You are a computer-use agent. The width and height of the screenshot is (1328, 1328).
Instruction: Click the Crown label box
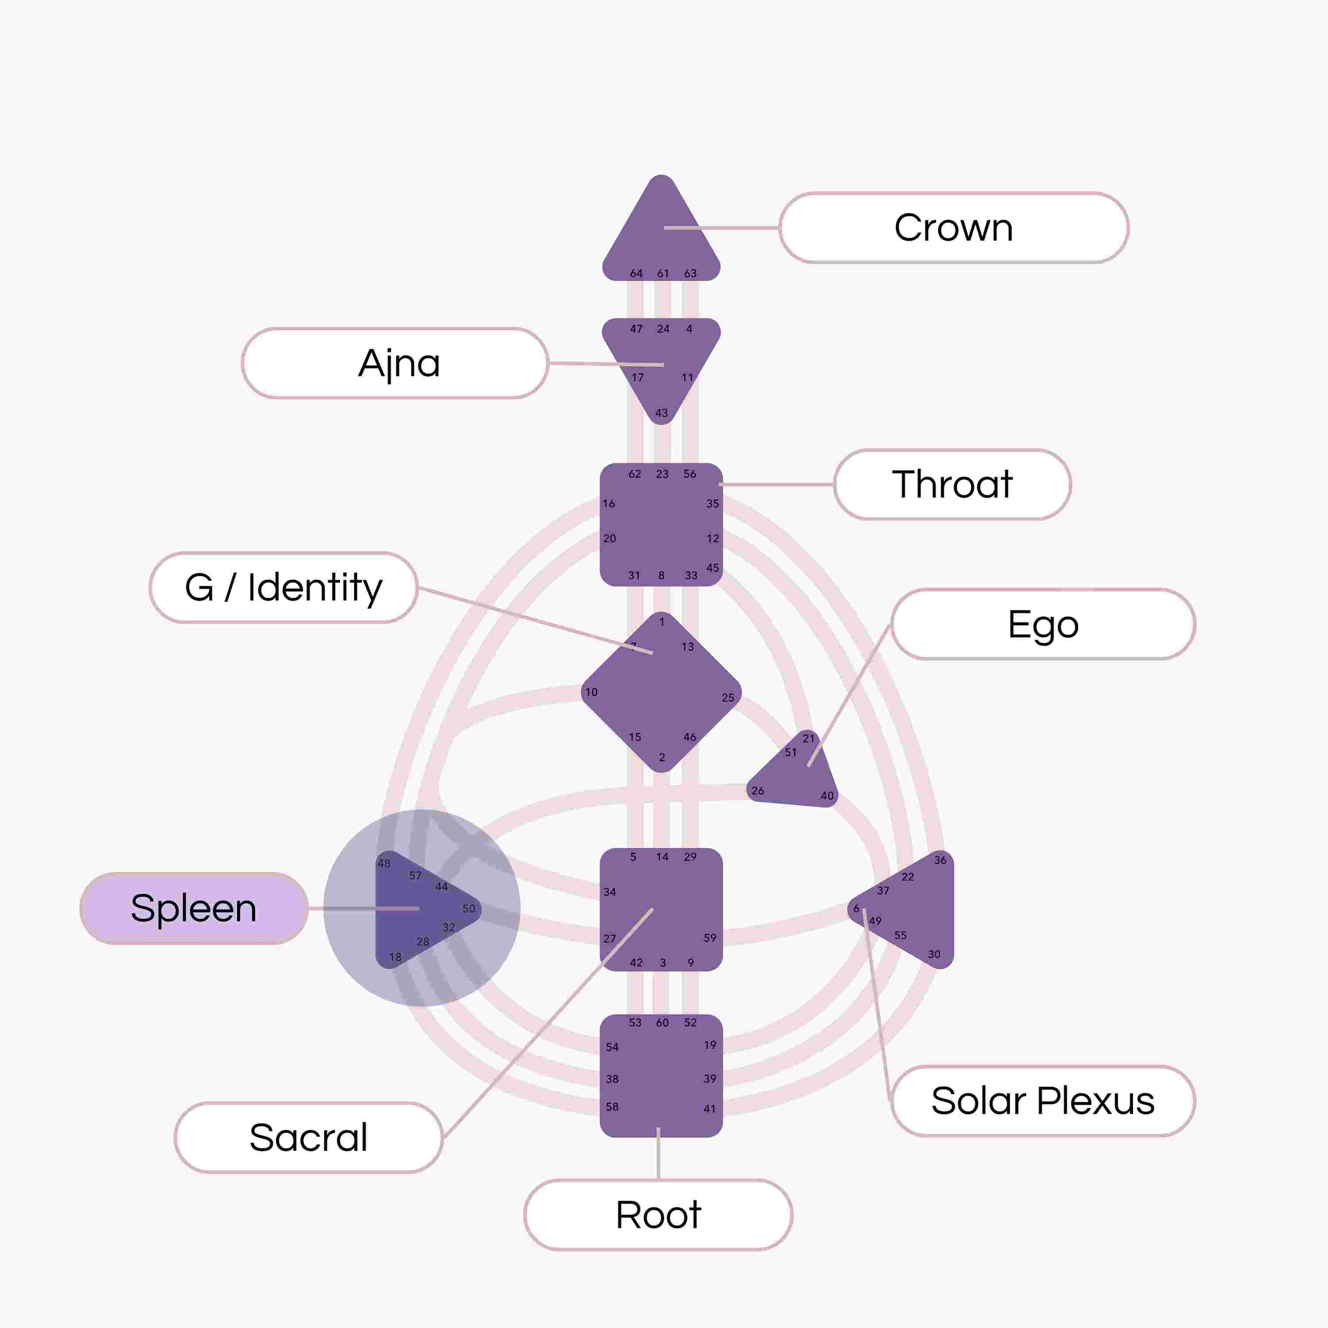point(954,228)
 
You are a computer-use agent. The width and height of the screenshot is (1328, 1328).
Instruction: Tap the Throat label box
point(952,485)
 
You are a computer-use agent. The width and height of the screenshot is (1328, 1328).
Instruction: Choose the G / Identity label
point(283,588)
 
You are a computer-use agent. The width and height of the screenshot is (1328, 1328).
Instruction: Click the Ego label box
point(1043,624)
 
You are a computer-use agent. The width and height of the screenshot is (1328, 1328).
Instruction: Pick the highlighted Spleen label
point(194,908)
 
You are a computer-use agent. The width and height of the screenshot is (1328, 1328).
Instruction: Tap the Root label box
point(658,1215)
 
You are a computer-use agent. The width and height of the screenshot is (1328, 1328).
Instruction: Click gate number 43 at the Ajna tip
point(661,413)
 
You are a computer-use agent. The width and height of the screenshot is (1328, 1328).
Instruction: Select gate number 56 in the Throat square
point(689,474)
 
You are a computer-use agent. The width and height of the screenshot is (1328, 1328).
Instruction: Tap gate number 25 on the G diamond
point(728,698)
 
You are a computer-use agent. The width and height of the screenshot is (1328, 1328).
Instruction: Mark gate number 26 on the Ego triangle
point(757,791)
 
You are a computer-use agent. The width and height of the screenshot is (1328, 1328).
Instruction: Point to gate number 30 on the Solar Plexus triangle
point(934,954)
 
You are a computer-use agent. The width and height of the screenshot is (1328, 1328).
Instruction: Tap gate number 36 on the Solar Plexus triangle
point(940,860)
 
